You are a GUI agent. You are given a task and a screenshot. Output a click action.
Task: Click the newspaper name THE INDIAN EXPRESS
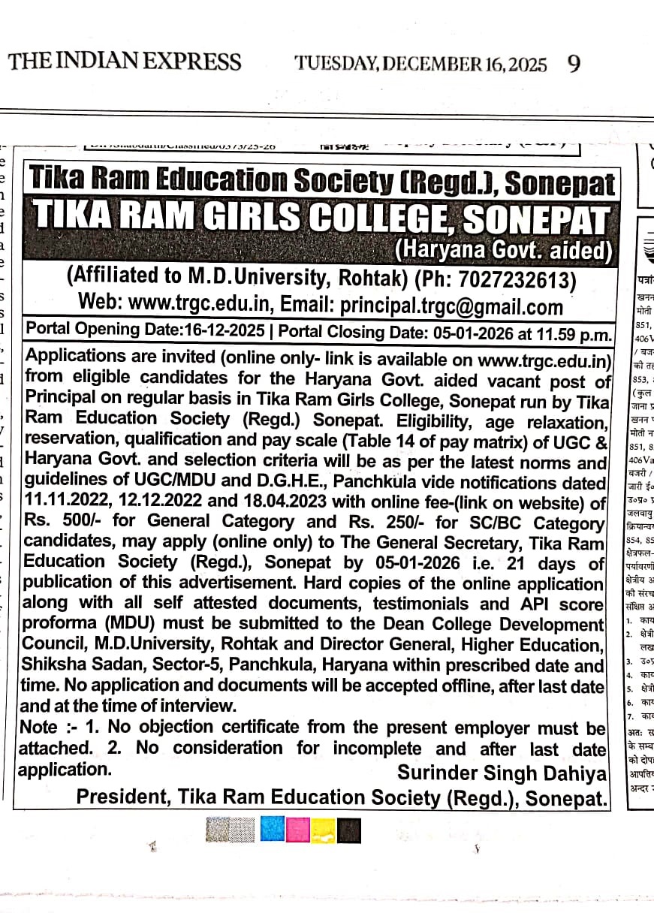[x=125, y=62]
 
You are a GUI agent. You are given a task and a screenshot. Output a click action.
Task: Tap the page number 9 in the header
[x=574, y=63]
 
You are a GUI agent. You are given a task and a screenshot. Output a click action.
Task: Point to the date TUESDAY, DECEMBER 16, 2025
[x=420, y=63]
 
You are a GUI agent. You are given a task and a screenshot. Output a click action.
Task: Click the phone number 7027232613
[x=512, y=279]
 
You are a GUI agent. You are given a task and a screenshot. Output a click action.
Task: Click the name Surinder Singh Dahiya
[x=502, y=773]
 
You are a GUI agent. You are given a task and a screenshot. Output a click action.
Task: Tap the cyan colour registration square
[x=273, y=830]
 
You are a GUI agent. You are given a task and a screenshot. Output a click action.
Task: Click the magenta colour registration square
[x=298, y=830]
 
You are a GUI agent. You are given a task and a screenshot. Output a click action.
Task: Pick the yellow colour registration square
[x=324, y=830]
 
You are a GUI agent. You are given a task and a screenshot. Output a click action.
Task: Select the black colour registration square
[x=349, y=830]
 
